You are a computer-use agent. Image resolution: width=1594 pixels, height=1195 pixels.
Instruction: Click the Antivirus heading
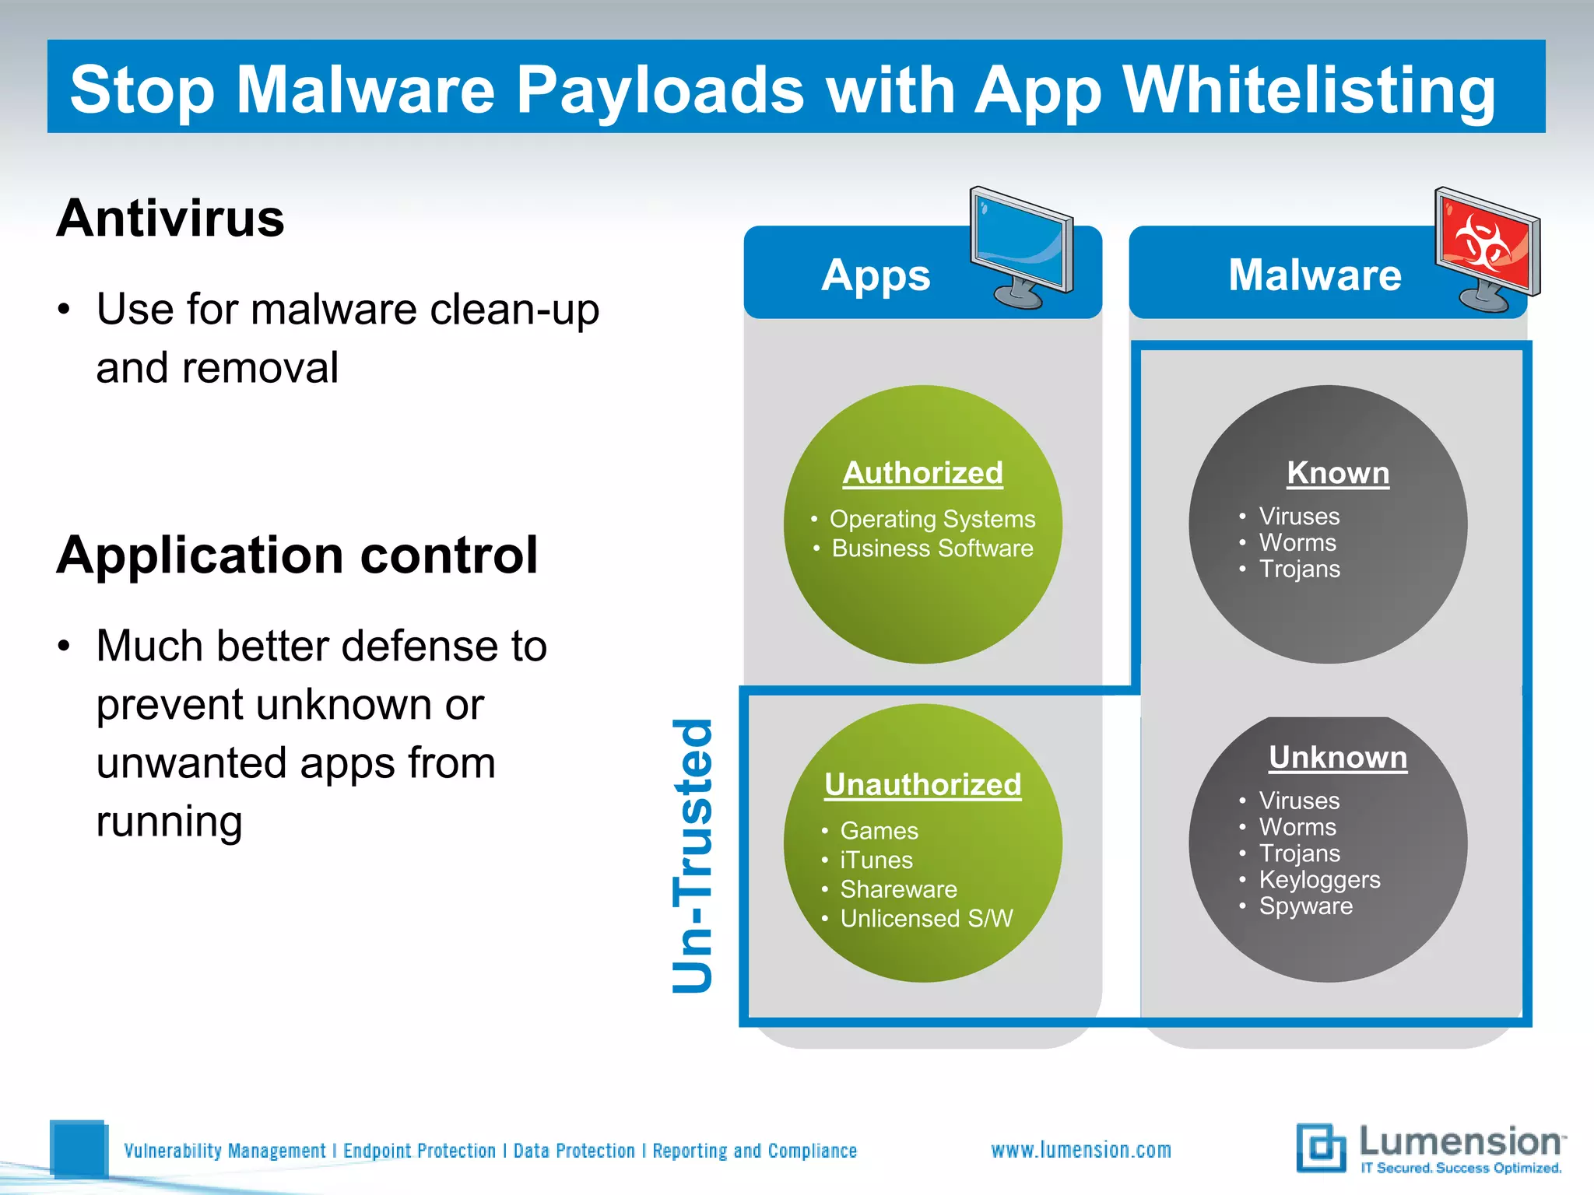pyautogui.click(x=170, y=219)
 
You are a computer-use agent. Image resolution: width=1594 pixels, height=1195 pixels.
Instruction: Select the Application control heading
pyautogui.click(x=297, y=555)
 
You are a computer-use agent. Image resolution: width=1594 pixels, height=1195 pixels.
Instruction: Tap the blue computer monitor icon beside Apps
pyautogui.click(x=1021, y=247)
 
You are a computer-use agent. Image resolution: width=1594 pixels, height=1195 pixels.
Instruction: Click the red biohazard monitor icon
pyautogui.click(x=1487, y=248)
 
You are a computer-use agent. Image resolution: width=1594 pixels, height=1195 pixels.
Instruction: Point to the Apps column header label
pyautogui.click(x=876, y=275)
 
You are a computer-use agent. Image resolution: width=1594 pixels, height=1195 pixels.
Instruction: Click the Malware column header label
pyautogui.click(x=1315, y=275)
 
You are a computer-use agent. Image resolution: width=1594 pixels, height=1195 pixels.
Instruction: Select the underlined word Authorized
pyautogui.click(x=922, y=473)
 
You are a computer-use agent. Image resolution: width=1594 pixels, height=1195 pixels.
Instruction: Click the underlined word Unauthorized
pyautogui.click(x=922, y=785)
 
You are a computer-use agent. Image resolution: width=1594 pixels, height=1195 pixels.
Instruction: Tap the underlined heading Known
pyautogui.click(x=1337, y=473)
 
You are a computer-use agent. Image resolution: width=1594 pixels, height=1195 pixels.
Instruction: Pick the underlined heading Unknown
pyautogui.click(x=1337, y=758)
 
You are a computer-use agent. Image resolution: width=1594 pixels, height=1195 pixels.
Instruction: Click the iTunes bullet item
pyautogui.click(x=876, y=860)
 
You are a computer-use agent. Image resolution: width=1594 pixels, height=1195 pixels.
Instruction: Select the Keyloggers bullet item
pyautogui.click(x=1319, y=880)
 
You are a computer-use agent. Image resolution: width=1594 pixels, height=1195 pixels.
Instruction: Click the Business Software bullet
pyautogui.click(x=932, y=548)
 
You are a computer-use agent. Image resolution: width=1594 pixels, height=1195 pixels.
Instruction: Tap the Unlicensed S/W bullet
pyautogui.click(x=926, y=919)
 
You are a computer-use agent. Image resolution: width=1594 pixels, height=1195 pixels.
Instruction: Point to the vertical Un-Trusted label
pyautogui.click(x=693, y=856)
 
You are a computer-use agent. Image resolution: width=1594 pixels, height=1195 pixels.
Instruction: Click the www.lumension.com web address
pyautogui.click(x=1081, y=1150)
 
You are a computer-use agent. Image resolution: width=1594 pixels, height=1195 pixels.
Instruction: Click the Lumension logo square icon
pyautogui.click(x=1321, y=1148)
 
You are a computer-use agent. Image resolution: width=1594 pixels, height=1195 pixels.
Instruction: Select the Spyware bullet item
pyautogui.click(x=1305, y=906)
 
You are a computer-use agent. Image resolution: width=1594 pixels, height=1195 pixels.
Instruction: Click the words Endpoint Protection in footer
pyautogui.click(x=420, y=1151)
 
